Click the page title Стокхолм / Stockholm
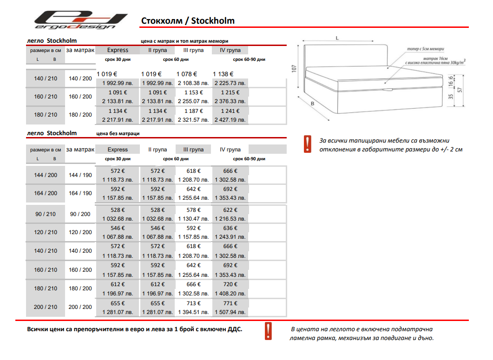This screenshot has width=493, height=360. [x=187, y=21]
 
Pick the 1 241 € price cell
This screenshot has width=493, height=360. [x=230, y=111]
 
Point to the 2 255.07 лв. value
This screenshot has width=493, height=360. [x=193, y=101]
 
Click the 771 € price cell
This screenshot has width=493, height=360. [x=230, y=303]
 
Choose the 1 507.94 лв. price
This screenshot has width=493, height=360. [x=230, y=312]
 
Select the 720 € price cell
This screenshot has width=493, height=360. [x=230, y=284]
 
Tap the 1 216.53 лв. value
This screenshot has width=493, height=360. [x=230, y=218]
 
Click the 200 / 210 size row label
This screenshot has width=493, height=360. [x=46, y=307]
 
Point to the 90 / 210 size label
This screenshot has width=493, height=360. [x=46, y=214]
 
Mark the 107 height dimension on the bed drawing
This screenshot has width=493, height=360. [x=294, y=69]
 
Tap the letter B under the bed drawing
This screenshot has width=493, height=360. [x=313, y=105]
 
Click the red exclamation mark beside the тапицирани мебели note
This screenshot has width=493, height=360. [x=307, y=144]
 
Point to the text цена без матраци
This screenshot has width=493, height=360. [x=118, y=133]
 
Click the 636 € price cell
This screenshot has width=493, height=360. [x=230, y=228]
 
